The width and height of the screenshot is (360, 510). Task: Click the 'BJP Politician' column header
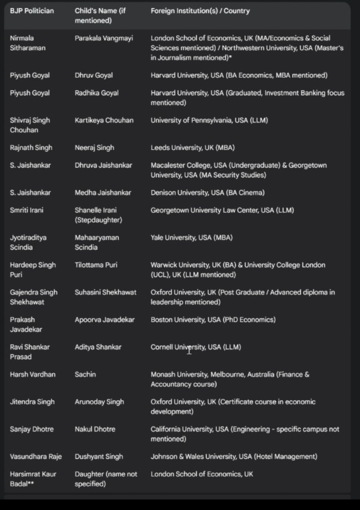pos(32,11)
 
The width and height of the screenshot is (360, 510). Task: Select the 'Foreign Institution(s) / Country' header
pos(200,11)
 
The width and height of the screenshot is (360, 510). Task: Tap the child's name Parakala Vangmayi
pos(104,38)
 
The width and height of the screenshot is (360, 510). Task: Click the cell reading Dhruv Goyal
pos(94,75)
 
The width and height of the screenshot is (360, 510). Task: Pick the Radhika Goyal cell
pos(97,93)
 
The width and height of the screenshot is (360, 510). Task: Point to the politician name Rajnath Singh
pos(31,148)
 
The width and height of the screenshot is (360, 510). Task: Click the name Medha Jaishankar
pos(103,193)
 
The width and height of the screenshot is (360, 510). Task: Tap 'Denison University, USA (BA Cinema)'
pos(207,193)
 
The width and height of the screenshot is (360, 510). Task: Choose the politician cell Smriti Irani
pos(27,210)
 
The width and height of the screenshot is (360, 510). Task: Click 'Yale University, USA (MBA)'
pos(192,238)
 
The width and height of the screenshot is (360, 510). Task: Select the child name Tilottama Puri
pos(96,265)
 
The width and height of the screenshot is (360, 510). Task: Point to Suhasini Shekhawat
pos(106,292)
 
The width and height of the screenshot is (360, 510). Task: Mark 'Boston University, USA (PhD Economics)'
pos(213,320)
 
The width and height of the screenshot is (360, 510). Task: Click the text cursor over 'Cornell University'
pos(189,350)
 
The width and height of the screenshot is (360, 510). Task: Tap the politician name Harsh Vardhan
pos(33,374)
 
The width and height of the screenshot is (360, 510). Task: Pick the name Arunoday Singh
pos(99,402)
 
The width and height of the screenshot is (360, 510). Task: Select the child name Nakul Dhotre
pos(95,429)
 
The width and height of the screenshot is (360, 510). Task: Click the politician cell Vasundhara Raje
pos(36,456)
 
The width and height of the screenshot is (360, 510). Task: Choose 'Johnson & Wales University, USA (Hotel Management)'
pos(234,456)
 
